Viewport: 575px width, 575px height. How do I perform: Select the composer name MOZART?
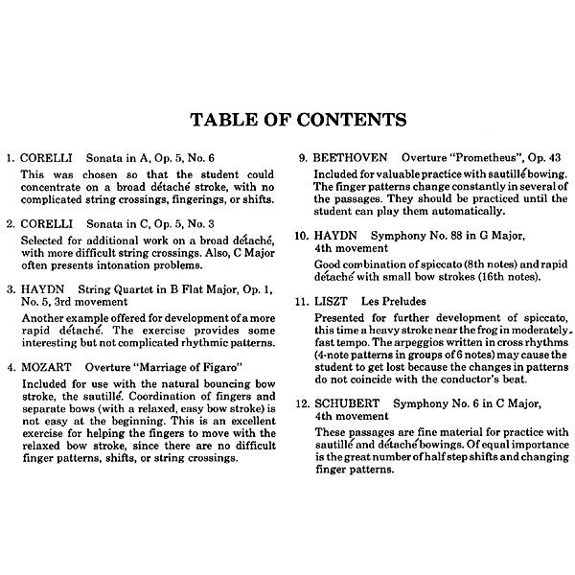[x=44, y=366]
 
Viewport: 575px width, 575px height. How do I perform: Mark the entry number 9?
[x=304, y=157]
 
